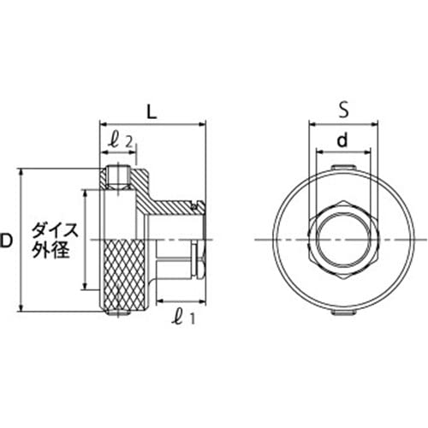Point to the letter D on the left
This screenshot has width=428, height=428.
(x=8, y=242)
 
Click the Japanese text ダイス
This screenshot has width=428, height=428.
(x=55, y=230)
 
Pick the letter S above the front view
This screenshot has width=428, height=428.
(x=342, y=110)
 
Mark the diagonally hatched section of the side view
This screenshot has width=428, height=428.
(x=171, y=206)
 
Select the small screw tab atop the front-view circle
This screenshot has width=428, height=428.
(x=342, y=164)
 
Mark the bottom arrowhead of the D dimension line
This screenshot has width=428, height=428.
(x=21, y=313)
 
